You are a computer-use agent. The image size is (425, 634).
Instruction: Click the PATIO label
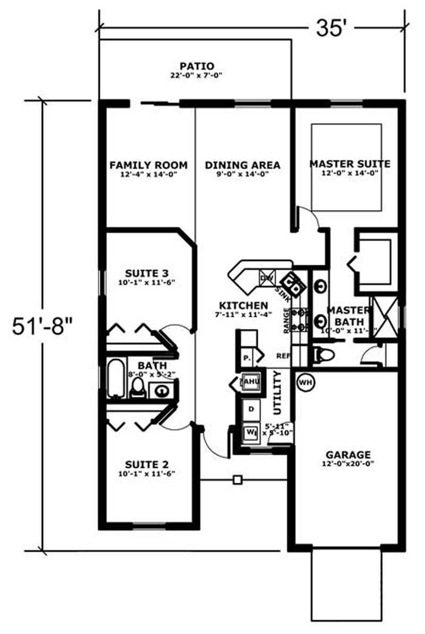point(197,66)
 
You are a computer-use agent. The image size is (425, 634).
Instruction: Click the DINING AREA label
point(243,165)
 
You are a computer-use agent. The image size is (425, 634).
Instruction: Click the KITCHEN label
point(243,306)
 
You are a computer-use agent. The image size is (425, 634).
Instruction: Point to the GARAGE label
point(348,455)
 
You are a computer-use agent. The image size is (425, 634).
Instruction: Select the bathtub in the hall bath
point(116,378)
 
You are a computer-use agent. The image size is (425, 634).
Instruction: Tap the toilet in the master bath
point(322,354)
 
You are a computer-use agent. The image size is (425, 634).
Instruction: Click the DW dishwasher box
point(266,278)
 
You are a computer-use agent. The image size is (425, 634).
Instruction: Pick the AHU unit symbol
point(250,381)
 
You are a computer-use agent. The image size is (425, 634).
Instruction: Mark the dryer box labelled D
point(251,410)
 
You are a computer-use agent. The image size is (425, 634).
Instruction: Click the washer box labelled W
point(250,432)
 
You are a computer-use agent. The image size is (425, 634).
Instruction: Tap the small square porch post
point(237,480)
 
